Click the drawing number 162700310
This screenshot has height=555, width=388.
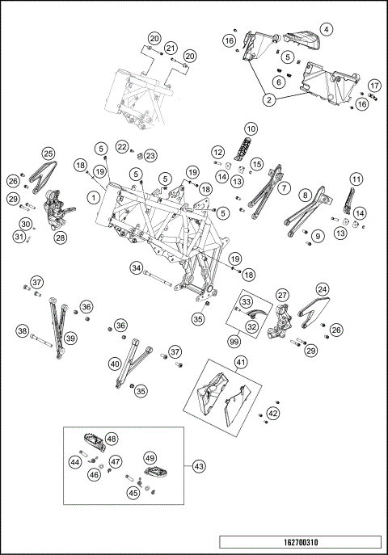[x=301, y=542]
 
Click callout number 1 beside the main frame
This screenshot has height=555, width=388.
[x=94, y=197]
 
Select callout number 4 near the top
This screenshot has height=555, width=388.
[x=327, y=29]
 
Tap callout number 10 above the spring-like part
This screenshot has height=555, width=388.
[x=251, y=128]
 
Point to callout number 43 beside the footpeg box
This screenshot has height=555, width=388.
[x=199, y=466]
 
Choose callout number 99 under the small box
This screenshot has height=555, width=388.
[x=234, y=342]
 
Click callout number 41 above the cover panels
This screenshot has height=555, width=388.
[x=241, y=362]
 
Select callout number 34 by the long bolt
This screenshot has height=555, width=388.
[x=137, y=267]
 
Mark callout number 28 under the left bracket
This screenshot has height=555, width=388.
[x=61, y=238]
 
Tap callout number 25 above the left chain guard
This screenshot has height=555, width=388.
[x=48, y=153]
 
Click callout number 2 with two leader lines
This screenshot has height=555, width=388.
[x=269, y=100]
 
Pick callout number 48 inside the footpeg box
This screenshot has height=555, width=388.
[x=112, y=439]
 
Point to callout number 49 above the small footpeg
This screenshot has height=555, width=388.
[x=150, y=458]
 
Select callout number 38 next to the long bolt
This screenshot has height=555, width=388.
[x=23, y=331]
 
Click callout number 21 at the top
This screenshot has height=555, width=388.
[x=171, y=48]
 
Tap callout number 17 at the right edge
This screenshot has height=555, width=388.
[x=374, y=86]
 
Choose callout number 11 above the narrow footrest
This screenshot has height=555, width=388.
[x=356, y=179]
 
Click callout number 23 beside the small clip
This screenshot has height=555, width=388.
[x=150, y=155]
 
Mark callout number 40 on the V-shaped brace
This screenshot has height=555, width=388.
[x=116, y=364]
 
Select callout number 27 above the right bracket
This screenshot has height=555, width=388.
[x=282, y=295]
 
